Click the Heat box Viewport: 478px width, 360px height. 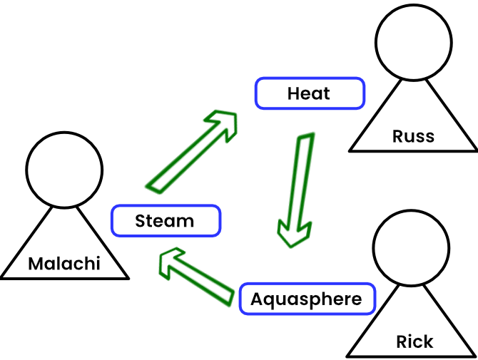pos(310,93)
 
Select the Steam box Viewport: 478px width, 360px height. pos(166,221)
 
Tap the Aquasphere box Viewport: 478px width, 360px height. pos(306,299)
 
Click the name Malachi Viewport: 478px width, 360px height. pos(64,264)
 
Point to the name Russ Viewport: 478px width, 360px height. pos(413,135)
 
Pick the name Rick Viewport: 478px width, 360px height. pos(415,341)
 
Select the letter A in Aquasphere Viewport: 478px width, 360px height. pos(257,299)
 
